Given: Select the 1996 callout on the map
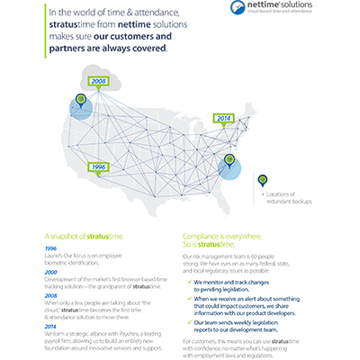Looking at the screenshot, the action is [x=100, y=166].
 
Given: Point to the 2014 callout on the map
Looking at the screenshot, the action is [x=224, y=118].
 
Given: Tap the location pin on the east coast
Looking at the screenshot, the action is [x=230, y=162].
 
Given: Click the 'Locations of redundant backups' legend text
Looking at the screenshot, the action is [x=283, y=197].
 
